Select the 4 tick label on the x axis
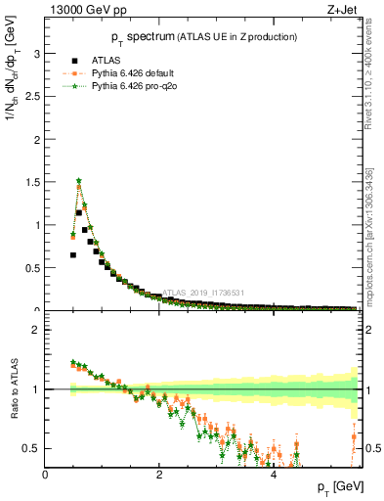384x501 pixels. (x=273, y=475)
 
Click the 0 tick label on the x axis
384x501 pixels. (x=46, y=475)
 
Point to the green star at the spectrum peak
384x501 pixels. (x=78, y=181)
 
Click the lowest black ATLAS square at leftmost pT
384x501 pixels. (x=73, y=254)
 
